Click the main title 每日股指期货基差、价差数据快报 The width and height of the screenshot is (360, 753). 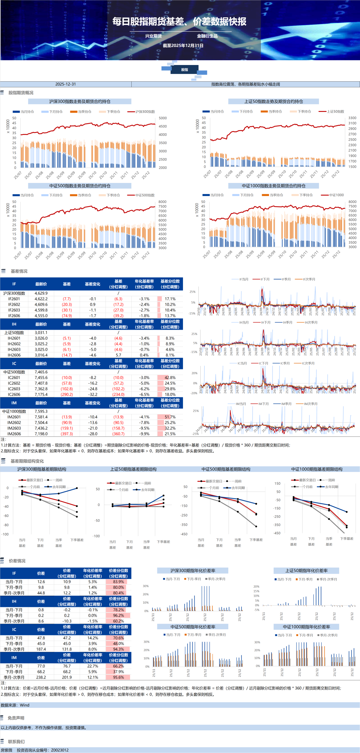point(179,22)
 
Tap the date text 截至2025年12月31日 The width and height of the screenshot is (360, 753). point(183,46)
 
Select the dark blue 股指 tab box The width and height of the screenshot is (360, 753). point(184,70)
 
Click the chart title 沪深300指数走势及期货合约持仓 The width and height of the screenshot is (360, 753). point(80,101)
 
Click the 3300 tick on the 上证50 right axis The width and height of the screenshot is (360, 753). point(352,118)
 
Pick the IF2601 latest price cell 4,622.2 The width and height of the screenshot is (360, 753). point(41,299)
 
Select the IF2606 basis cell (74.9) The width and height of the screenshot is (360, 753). point(67,316)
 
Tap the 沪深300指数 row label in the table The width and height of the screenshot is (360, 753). point(14,293)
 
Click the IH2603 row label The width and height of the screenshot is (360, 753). point(14,350)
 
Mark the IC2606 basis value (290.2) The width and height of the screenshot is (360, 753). point(67,395)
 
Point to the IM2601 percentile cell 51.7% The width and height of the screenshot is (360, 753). point(170,417)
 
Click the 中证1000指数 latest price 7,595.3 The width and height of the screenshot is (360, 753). point(41,411)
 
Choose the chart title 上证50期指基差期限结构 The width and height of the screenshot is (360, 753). point(133,469)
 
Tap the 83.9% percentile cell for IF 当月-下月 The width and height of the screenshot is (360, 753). point(118,582)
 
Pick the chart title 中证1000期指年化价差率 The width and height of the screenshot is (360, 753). point(306,627)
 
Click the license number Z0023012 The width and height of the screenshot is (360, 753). point(60,750)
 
